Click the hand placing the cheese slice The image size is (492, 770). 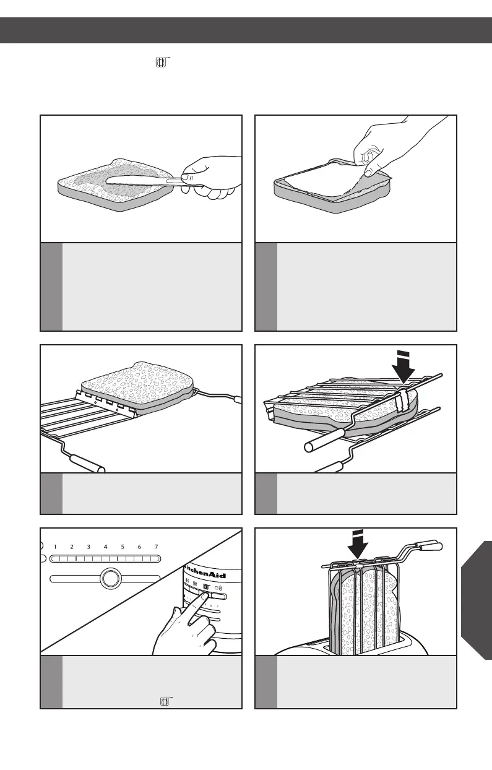[x=378, y=152]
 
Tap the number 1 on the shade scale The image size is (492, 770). [x=55, y=547]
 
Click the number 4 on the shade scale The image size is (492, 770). [x=106, y=547]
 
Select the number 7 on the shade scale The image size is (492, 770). [x=157, y=547]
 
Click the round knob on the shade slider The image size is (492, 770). [x=110, y=579]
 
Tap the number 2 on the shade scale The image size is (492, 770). [x=72, y=547]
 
